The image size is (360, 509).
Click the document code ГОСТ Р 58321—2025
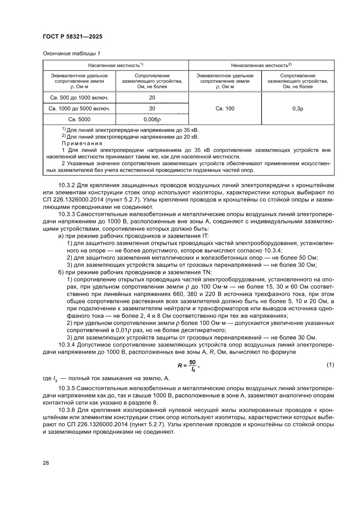click(73, 37)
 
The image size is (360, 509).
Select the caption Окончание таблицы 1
click(71, 54)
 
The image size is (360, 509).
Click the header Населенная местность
click(115, 65)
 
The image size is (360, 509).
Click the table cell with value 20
click(152, 98)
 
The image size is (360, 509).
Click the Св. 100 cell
click(225, 108)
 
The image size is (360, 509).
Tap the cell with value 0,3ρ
click(298, 108)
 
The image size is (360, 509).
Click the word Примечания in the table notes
click(81, 143)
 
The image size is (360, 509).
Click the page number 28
click(46, 462)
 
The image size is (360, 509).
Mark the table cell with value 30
click(152, 108)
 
